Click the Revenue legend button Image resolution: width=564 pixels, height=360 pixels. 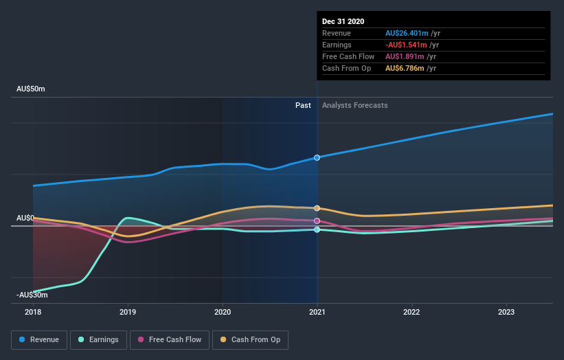tap(40, 339)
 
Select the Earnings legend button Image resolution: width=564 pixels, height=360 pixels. tap(99, 339)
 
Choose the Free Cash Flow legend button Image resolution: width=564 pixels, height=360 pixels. tap(169, 339)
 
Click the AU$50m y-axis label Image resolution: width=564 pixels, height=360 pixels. tap(31, 89)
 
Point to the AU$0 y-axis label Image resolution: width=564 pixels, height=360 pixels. tap(25, 218)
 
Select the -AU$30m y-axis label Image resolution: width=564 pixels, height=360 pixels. tap(32, 295)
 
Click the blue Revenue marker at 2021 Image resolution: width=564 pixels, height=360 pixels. tap(317, 157)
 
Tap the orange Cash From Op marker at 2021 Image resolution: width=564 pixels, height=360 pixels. tap(317, 208)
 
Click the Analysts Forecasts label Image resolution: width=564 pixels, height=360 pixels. tap(354, 105)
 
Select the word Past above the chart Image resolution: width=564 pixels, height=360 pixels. tap(303, 105)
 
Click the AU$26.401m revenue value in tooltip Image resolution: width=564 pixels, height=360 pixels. tap(407, 33)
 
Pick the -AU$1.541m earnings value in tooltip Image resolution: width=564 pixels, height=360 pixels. tap(407, 45)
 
